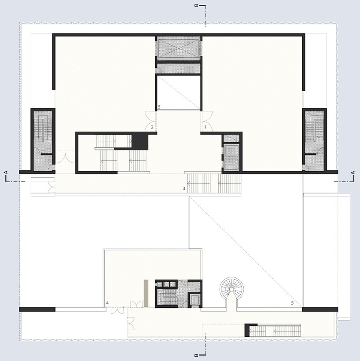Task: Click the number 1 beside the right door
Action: (205, 127)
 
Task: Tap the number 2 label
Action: (152, 127)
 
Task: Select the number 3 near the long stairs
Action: (184, 188)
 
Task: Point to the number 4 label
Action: (107, 303)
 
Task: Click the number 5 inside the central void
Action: (159, 107)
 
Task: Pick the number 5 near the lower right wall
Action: (292, 303)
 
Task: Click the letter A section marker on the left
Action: (6, 172)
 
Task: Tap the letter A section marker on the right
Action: (353, 173)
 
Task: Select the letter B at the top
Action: (196, 5)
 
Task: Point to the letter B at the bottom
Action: (196, 355)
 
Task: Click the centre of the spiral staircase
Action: (231, 289)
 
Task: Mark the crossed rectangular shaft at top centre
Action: (178, 48)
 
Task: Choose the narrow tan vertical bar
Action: (146, 293)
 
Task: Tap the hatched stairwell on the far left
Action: (43, 140)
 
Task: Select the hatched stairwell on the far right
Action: (314, 140)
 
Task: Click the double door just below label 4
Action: (118, 311)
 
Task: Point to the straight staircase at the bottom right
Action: (275, 331)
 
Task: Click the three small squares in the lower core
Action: (166, 284)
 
